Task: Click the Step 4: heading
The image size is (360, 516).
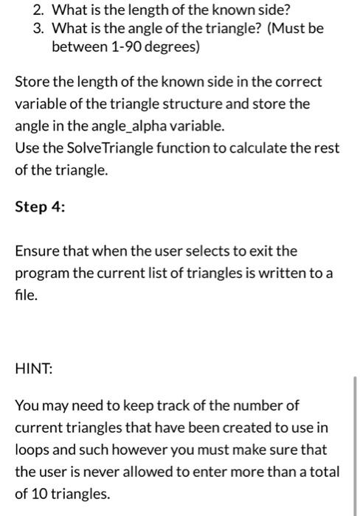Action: pyautogui.click(x=40, y=207)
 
